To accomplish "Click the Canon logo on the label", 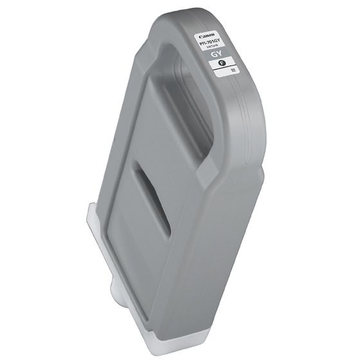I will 208,37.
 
